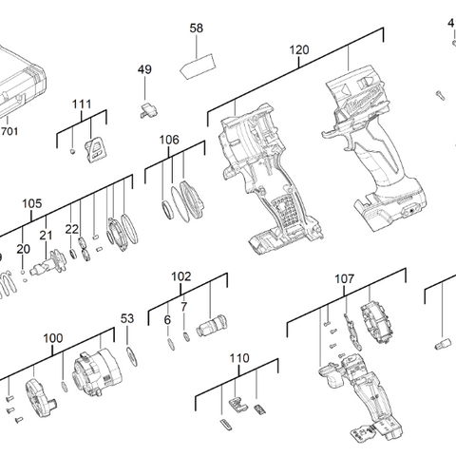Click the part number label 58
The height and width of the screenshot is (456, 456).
197,28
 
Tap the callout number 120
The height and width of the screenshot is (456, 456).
299,49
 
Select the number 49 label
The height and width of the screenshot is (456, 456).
144,70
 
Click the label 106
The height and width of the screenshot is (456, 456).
169,140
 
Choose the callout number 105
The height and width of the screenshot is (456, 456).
32,203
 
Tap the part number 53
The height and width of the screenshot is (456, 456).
127,318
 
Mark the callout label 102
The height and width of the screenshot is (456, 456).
180,276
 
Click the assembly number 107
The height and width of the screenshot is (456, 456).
344,279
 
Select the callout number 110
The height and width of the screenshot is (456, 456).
238,358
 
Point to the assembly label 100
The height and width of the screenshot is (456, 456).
53,338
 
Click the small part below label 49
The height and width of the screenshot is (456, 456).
147,110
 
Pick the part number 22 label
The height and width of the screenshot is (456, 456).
72,230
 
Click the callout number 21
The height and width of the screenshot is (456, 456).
46,236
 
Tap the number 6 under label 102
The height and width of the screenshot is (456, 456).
167,321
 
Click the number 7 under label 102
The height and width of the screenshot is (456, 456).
183,308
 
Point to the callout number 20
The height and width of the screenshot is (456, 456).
24,249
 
